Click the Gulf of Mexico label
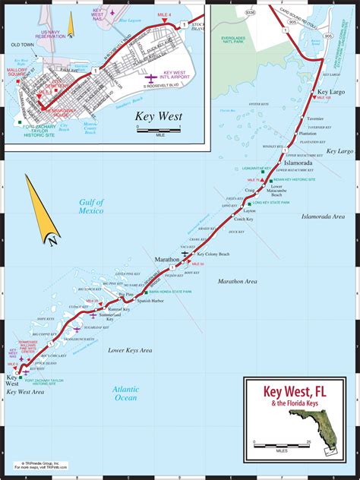tap(91, 207)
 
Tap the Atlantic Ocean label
tap(125, 392)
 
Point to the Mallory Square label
tap(20, 74)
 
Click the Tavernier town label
tap(312, 119)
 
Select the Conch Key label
tap(245, 219)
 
